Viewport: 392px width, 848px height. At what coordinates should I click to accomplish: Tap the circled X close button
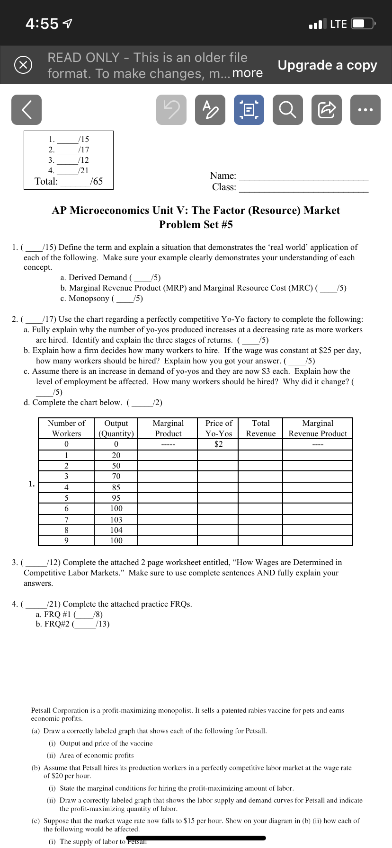coord(23,65)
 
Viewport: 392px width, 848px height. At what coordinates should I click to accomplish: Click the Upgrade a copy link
coord(327,65)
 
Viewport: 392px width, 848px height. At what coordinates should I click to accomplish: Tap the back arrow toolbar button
coord(27,110)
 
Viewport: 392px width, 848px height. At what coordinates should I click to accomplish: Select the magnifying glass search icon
coord(287,110)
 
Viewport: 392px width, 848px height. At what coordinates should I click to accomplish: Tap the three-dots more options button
coord(365,110)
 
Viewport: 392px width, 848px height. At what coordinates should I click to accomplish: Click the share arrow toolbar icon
coord(326,110)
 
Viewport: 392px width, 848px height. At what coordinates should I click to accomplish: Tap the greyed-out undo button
coord(171,110)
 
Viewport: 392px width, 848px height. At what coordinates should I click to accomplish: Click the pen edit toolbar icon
coord(210,110)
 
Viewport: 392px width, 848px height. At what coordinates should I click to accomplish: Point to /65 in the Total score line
coord(96,181)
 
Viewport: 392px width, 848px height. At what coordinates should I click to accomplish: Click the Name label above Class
coord(223,176)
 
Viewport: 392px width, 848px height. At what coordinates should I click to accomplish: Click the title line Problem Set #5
coord(196,224)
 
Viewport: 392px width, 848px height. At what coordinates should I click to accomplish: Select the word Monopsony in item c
coord(89,298)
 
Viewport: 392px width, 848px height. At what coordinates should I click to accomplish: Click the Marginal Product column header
coord(168,428)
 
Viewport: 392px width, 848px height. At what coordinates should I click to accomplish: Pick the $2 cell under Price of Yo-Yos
coord(218,444)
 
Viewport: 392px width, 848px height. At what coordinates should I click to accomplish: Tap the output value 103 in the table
coord(116,520)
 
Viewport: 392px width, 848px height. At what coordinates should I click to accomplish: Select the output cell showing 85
coord(116,487)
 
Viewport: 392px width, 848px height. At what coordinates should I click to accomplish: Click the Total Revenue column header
coord(260,428)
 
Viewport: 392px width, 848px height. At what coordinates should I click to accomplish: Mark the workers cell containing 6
coord(66,508)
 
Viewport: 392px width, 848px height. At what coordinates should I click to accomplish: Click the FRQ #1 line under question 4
coord(69,614)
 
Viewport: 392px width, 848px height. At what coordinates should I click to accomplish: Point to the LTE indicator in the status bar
coord(338,24)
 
